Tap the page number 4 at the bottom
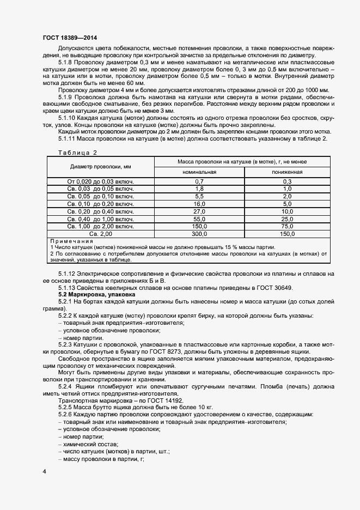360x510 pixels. point(44,470)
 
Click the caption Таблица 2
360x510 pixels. point(77,153)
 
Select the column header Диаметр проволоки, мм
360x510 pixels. point(100,167)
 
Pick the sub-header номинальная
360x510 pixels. point(199,172)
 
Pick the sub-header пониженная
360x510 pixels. point(287,172)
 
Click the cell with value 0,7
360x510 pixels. point(199,181)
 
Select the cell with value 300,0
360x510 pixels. point(199,234)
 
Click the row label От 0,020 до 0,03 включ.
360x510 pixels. point(100,181)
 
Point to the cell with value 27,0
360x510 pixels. point(199,211)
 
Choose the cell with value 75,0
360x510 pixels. point(287,226)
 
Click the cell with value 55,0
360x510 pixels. point(199,219)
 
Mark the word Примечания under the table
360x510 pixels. point(71,241)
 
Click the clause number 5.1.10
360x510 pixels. point(68,117)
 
